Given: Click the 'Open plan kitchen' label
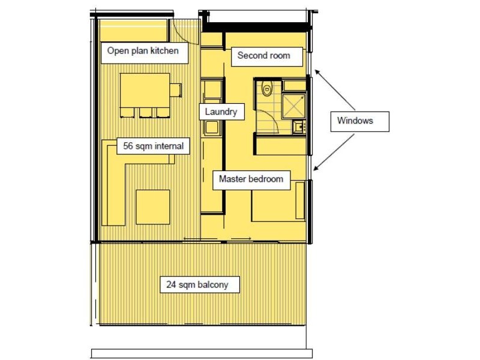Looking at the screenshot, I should click(x=143, y=51).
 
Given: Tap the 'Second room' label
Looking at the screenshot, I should click(x=263, y=56).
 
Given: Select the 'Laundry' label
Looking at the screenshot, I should click(x=221, y=112).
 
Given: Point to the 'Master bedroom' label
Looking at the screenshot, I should click(x=250, y=179).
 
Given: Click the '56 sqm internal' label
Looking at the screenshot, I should click(x=153, y=146).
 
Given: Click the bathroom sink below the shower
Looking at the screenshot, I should click(x=298, y=126).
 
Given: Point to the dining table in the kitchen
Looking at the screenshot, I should click(x=145, y=90).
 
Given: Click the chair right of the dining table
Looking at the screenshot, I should click(x=175, y=90).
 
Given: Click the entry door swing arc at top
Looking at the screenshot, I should click(x=182, y=33).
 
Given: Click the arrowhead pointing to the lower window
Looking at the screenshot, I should click(x=317, y=167).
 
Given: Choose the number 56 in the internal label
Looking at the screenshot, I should click(x=128, y=146).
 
